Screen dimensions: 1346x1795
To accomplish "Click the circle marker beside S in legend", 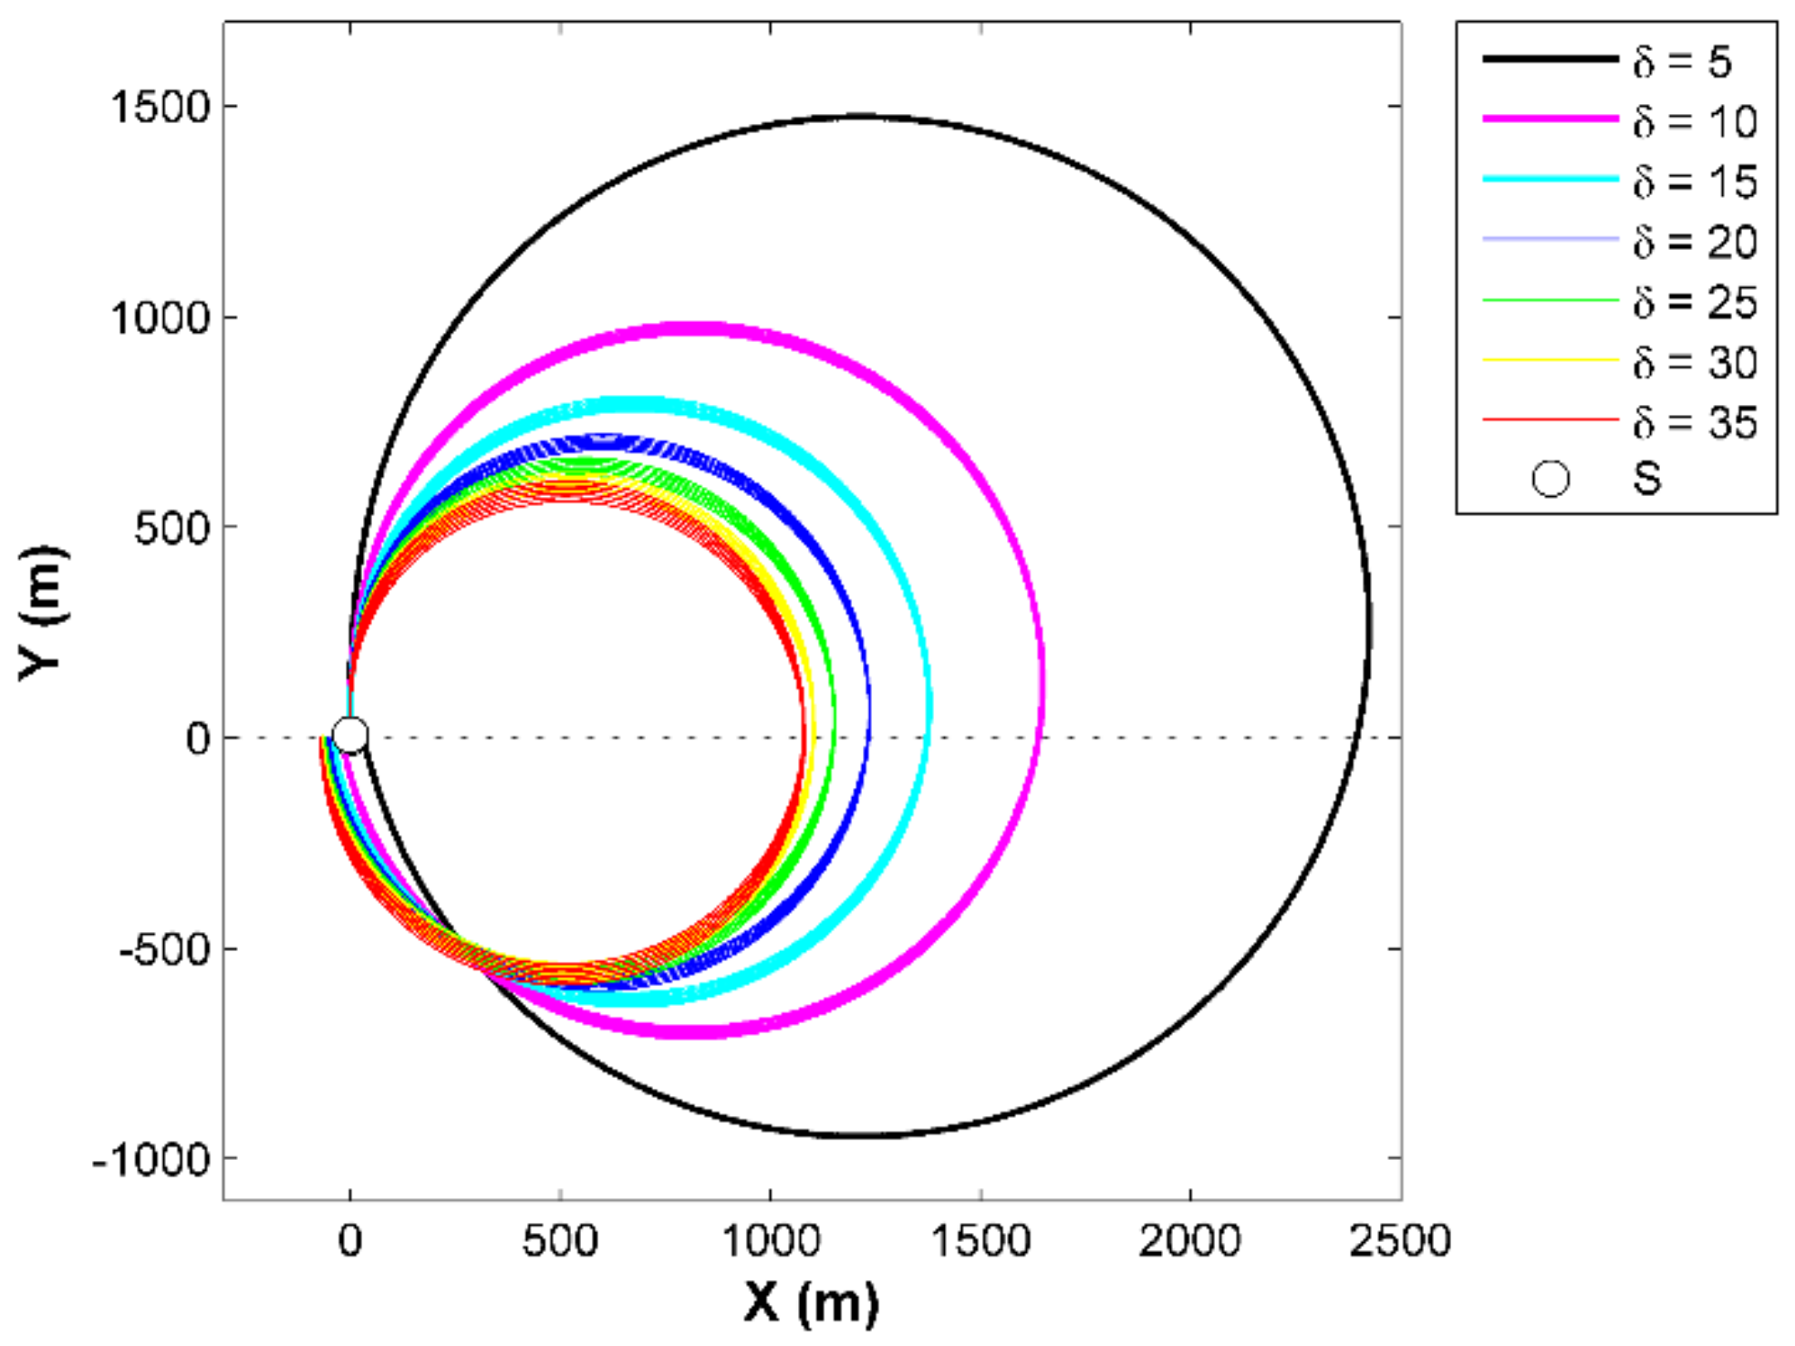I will (1551, 479).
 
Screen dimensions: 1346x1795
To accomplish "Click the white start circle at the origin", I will (350, 734).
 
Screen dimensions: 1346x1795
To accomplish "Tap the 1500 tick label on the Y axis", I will (161, 108).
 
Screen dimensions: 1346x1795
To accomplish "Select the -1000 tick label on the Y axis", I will (151, 1161).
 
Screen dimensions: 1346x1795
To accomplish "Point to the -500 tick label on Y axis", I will (165, 950).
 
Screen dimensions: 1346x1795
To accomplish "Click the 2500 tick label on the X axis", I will (1399, 1241).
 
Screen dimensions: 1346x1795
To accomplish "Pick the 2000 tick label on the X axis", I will (1189, 1241).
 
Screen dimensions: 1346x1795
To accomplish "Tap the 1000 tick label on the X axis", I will (771, 1241).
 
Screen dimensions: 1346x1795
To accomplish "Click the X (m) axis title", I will (811, 1301).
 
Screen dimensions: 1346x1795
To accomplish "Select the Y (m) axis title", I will (43, 613).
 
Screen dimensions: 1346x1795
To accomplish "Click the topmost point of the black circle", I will (862, 117).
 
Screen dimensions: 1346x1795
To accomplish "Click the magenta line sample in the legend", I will (1550, 119).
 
